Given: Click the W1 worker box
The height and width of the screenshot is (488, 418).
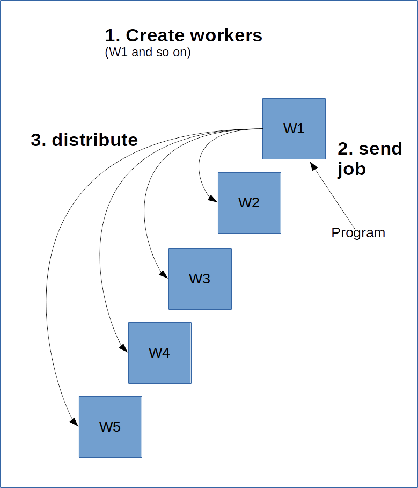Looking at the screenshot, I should [294, 129].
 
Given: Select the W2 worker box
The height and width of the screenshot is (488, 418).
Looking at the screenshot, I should [249, 203].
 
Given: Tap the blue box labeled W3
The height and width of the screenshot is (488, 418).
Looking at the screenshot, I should [200, 279].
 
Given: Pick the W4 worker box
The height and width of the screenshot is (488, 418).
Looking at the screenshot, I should [159, 353].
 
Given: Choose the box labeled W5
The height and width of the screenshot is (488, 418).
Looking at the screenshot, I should [110, 427].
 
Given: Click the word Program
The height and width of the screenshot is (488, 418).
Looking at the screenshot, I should [358, 233].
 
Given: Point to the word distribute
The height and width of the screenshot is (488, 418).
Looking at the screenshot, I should [94, 140].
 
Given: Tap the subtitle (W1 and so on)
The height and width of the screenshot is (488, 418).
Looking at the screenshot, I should [148, 53].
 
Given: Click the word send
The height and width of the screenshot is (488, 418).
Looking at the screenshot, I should [379, 148].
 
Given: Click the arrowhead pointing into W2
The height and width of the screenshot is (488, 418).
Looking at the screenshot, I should [214, 200].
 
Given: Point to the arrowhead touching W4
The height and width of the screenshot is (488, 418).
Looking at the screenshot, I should [124, 349].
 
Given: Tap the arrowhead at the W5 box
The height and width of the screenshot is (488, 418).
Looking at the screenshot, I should [75, 424].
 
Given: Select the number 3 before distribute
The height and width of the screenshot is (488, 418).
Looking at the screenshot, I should [36, 140].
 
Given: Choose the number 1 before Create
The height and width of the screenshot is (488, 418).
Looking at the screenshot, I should [110, 36].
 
